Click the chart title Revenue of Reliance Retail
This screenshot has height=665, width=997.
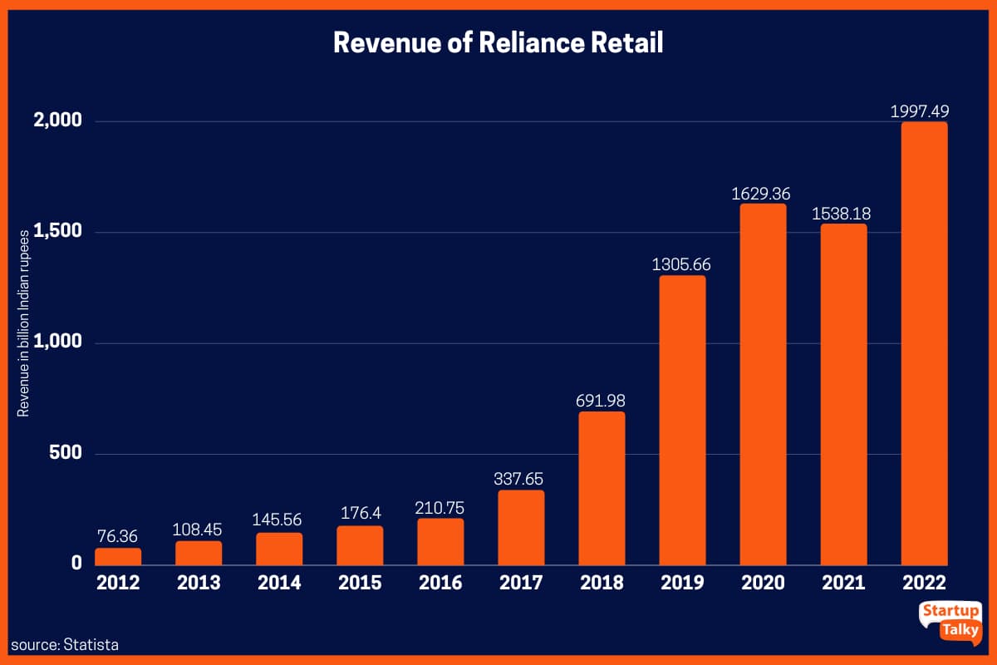coord(498,43)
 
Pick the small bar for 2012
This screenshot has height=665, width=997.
coord(118,556)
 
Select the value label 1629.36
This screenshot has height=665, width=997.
coord(763,193)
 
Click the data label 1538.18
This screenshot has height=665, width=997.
coord(843,213)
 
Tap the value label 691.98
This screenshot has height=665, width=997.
coord(602,401)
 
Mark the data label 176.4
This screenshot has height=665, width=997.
coord(360,515)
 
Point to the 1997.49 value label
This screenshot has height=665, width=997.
coord(924,111)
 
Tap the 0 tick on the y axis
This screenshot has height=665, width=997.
coord(76,564)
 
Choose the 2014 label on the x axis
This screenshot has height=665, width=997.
coord(279,583)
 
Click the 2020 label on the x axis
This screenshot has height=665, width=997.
coord(763,583)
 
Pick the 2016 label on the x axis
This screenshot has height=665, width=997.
coord(440,583)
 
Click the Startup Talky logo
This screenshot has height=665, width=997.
coord(950,620)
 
